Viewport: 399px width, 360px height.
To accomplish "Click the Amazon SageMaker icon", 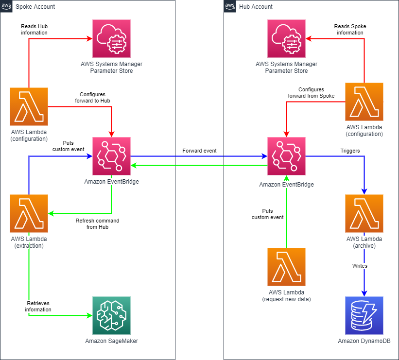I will click(111, 315).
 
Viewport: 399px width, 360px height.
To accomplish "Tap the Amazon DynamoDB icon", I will click(364, 315).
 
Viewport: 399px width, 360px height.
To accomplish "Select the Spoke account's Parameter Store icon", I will click(111, 38).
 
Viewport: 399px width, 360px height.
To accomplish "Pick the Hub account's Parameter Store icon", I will click(286, 38).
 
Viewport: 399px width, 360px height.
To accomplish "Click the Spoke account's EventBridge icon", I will click(111, 155).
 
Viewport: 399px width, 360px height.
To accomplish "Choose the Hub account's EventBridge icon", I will click(286, 155).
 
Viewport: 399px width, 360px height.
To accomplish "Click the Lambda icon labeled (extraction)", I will click(29, 213).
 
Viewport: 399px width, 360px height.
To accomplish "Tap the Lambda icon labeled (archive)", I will click(364, 213).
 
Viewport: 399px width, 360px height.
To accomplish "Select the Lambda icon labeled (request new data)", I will click(286, 267).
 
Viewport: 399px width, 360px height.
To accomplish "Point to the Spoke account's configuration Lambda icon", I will click(29, 106).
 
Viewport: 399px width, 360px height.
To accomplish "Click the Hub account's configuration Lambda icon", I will click(364, 102).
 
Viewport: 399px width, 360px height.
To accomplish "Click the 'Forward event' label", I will click(199, 151).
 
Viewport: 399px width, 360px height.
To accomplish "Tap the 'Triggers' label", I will click(350, 151).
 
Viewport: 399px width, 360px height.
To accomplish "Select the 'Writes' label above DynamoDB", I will click(360, 266).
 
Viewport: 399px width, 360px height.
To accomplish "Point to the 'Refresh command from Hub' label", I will click(97, 224).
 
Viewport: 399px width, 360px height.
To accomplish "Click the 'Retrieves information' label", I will click(38, 306).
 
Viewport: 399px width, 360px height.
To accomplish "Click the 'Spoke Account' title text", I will click(35, 7).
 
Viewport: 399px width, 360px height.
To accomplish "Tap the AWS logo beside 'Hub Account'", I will click(229, 6).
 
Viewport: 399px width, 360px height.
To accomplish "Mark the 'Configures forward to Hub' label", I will click(92, 98).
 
